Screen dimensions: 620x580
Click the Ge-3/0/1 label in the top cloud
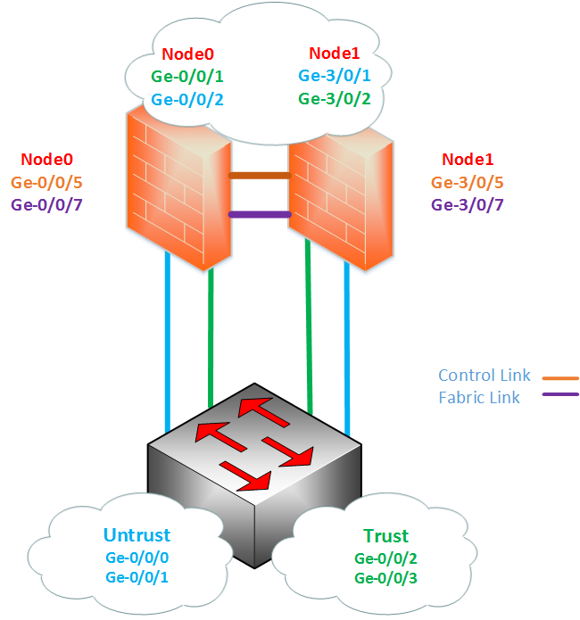pos(335,77)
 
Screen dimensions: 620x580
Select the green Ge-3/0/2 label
pos(335,99)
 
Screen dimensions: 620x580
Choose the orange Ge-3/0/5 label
pos(468,183)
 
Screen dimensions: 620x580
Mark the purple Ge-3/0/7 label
pos(468,205)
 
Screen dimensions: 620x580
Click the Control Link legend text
pos(484,376)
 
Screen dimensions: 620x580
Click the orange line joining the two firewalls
pos(260,176)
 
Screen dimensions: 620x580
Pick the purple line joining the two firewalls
pos(260,214)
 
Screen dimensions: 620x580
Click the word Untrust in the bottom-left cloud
pos(137,536)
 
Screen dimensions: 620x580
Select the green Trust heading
pos(385,536)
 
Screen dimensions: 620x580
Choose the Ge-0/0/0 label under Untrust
pos(137,558)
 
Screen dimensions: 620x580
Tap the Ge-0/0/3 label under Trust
pos(385,579)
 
